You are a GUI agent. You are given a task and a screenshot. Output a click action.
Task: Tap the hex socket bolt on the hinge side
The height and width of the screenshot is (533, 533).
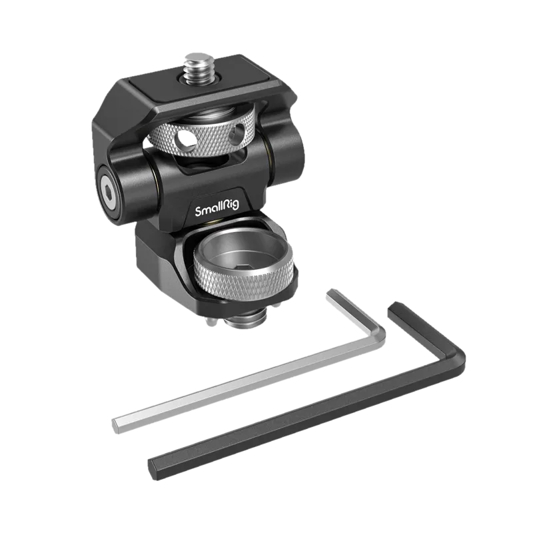point(108,194)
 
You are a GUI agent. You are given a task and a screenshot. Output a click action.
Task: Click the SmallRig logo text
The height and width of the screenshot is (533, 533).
point(217,207)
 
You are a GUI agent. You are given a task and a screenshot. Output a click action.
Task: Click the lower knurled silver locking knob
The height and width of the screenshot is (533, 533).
point(243,267)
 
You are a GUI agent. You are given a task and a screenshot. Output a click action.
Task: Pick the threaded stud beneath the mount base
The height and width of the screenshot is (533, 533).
point(245,320)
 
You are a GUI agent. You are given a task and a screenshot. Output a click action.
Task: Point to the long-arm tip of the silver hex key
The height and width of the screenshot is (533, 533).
point(116,426)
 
